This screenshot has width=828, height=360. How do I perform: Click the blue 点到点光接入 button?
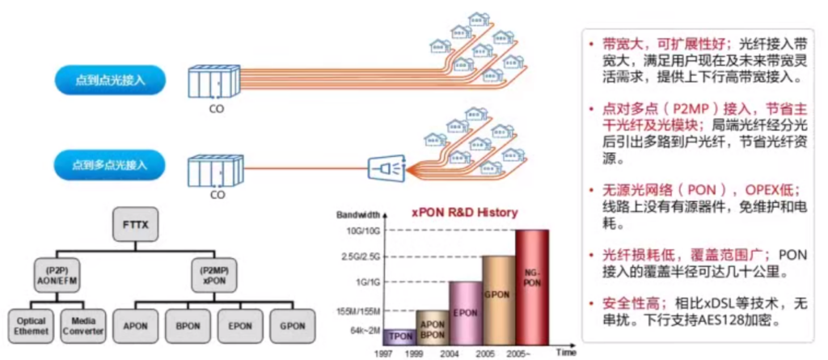pos(111,80)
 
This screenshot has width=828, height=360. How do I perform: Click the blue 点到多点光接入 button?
pos(111,165)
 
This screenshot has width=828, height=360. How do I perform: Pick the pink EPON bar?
pos(467,311)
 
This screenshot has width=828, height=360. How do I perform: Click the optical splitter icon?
pos(385,168)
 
